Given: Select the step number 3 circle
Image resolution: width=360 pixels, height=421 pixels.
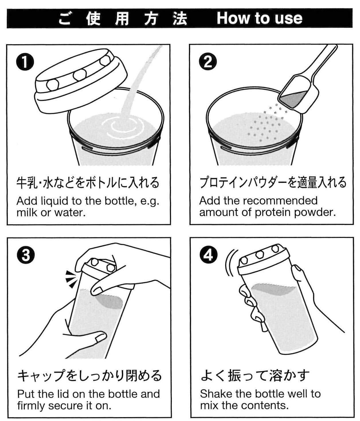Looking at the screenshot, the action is [26, 255].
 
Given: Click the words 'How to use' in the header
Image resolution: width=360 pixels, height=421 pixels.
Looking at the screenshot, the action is [259, 18].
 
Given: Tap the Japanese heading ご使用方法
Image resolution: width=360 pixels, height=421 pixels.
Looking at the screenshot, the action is [123, 19].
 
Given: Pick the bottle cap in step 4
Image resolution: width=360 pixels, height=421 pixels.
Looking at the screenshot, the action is [263, 259].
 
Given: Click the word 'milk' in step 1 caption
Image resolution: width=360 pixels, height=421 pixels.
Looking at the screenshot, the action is [27, 213].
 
